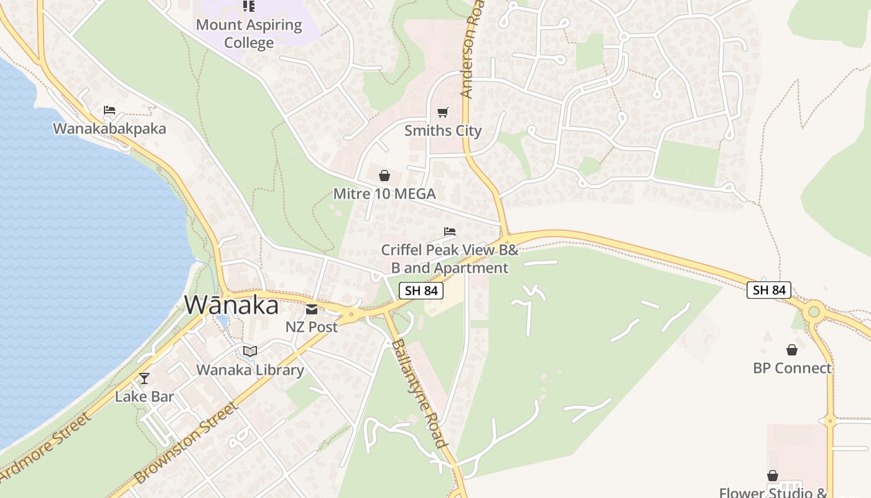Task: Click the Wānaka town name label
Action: pos(231,305)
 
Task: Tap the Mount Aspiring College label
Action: pos(249,34)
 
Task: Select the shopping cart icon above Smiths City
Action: pos(442,112)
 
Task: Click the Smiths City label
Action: pos(443,131)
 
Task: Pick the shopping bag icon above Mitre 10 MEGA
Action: pos(384,176)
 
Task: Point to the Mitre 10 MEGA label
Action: pos(384,194)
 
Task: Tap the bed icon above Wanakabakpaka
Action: pos(109,110)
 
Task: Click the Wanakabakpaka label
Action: pos(109,129)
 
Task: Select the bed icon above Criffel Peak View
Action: pos(450,232)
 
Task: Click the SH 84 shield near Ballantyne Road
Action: pos(421,290)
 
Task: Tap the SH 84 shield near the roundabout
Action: pos(769,289)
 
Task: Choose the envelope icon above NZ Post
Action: pos(312,309)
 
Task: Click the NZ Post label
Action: pos(312,327)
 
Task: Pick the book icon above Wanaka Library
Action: pos(250,352)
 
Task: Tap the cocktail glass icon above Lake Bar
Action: pos(144,378)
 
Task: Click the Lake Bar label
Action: pos(144,397)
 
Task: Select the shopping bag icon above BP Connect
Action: pos(792,350)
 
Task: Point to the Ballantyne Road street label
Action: pos(419,393)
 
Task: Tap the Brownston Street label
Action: pos(187,443)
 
